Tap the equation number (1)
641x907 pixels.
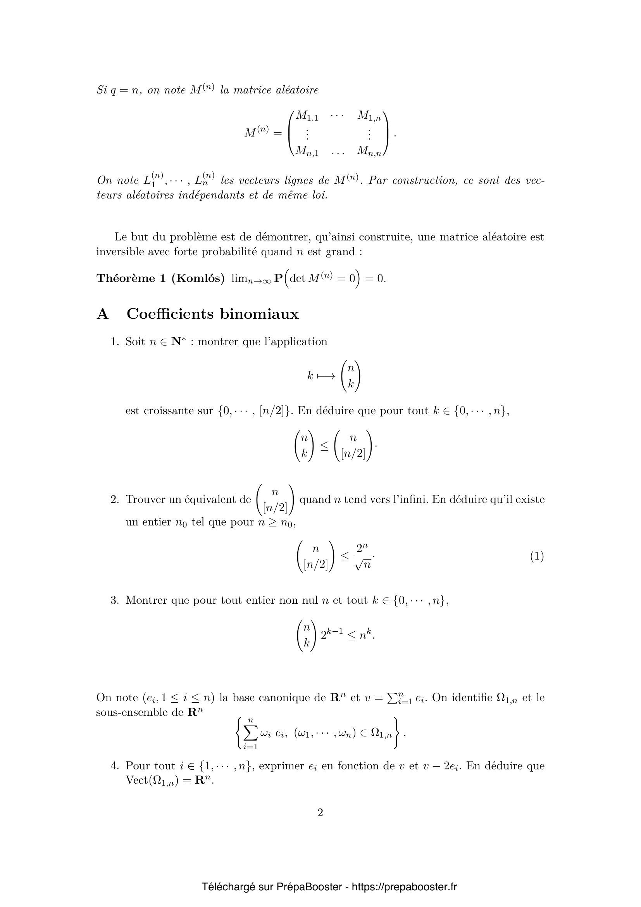click(537, 556)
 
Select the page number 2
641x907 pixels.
click(320, 812)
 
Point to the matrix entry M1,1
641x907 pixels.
click(307, 116)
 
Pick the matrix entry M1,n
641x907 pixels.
click(369, 116)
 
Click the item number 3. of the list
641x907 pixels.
click(114, 600)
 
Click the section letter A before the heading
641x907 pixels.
click(102, 314)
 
